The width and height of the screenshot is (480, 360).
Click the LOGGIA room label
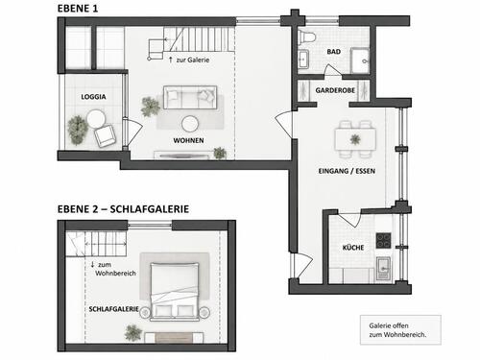coord(93,97)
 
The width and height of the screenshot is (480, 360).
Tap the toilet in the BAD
coord(306,36)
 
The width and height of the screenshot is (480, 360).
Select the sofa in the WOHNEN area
coord(190,97)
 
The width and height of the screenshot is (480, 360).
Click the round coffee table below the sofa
coord(190,124)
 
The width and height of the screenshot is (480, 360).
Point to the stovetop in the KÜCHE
coord(383,241)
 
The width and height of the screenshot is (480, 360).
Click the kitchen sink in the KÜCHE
coord(383,268)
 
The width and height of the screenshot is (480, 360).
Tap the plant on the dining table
coord(355,139)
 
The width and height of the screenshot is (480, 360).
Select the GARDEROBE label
coord(335,90)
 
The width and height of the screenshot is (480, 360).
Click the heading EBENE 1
coord(78,9)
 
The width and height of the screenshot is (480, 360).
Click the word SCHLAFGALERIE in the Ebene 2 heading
coord(150,209)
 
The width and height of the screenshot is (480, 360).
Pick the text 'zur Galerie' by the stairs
coord(193,60)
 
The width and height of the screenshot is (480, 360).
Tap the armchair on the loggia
coord(105,135)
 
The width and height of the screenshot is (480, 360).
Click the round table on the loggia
coord(96,118)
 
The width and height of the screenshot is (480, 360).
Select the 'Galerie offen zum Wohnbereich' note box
coord(400,330)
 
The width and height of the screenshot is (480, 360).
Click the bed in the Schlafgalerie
coord(175,292)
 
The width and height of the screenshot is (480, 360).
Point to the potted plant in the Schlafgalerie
coord(133,333)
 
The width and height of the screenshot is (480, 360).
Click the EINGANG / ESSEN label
coord(347,171)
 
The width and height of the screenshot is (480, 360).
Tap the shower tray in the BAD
coord(360,60)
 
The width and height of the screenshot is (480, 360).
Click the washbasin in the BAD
coord(303,59)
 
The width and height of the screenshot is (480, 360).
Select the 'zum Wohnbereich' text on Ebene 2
coord(115,269)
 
